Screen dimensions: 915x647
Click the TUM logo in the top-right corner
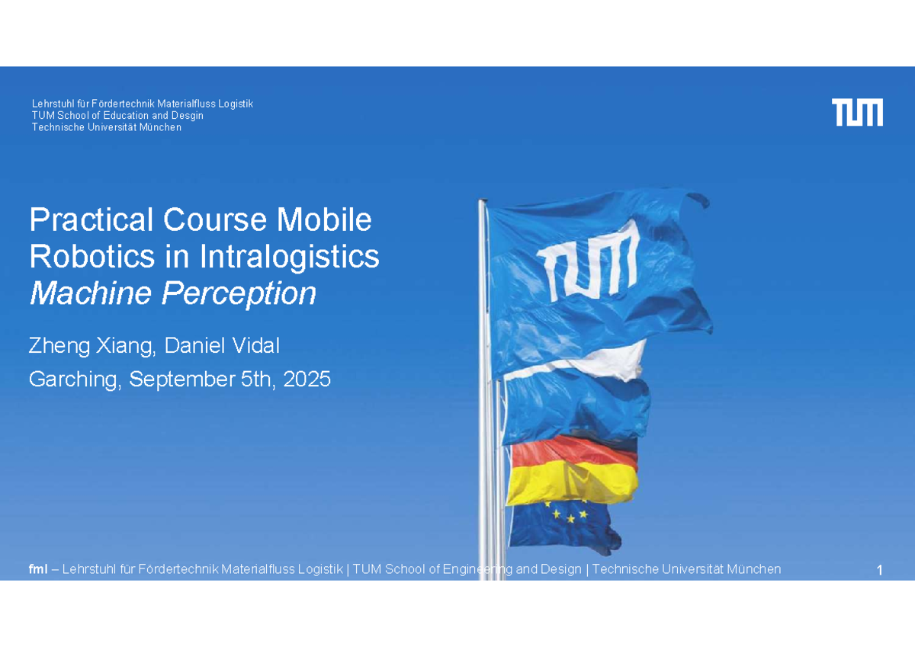tap(857, 112)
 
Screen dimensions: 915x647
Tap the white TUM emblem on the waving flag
tap(588, 261)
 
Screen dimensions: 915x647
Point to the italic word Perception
tap(239, 294)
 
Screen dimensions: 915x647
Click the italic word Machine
tap(91, 293)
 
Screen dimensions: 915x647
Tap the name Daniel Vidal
tap(222, 345)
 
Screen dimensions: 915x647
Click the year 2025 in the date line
tap(307, 380)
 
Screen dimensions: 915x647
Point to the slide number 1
tap(879, 570)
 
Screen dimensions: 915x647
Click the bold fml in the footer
tap(38, 569)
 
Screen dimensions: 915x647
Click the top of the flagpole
tap(483, 200)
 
